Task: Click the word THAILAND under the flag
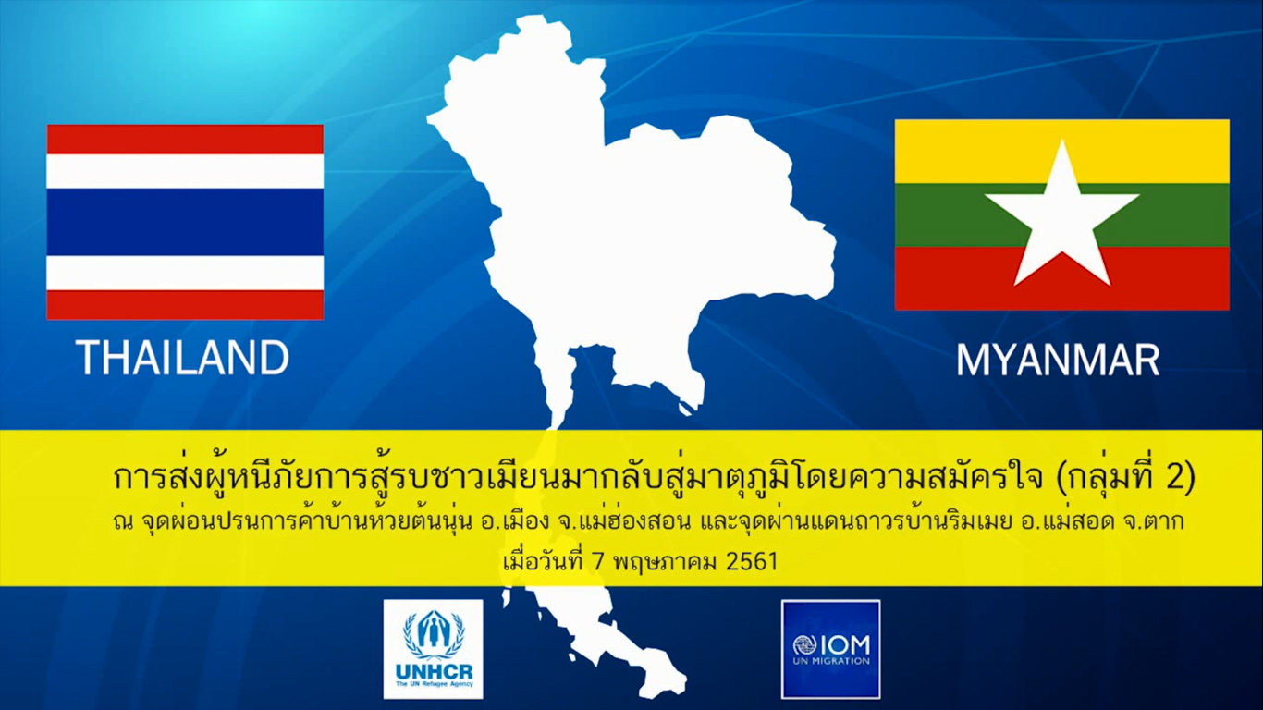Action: pyautogui.click(x=183, y=358)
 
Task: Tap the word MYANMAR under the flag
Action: pyautogui.click(x=1059, y=360)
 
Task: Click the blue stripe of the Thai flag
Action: pyautogui.click(x=185, y=222)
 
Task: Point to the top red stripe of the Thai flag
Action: pyautogui.click(x=185, y=140)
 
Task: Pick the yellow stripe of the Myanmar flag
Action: pyautogui.click(x=1062, y=151)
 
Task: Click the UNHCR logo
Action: pyautogui.click(x=433, y=649)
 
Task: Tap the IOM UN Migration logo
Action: pyautogui.click(x=830, y=649)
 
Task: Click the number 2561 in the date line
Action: pyautogui.click(x=752, y=562)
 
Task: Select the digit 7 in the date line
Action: pyautogui.click(x=597, y=562)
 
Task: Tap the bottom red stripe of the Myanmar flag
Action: pyautogui.click(x=1062, y=278)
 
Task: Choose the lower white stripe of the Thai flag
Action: pyautogui.click(x=185, y=273)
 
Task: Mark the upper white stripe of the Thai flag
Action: pyautogui.click(x=185, y=171)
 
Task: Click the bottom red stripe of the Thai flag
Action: pyautogui.click(x=185, y=305)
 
